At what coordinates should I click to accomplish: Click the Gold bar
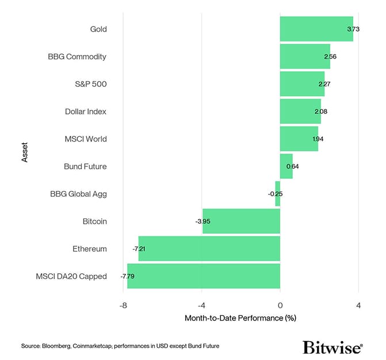(x=316, y=29)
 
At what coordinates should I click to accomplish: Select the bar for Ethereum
(x=209, y=248)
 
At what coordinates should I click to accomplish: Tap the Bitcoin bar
(x=241, y=221)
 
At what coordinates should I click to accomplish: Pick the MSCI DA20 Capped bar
(x=203, y=276)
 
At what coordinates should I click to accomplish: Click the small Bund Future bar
(x=286, y=166)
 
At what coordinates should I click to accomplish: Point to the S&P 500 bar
(x=302, y=84)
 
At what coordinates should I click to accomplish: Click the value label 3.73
(x=353, y=29)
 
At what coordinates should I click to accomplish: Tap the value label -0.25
(x=275, y=194)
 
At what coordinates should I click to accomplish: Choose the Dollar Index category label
(x=86, y=112)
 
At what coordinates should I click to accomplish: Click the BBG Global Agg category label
(x=78, y=194)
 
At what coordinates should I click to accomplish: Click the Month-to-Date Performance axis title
(x=240, y=318)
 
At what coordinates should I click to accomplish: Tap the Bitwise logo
(x=333, y=347)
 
